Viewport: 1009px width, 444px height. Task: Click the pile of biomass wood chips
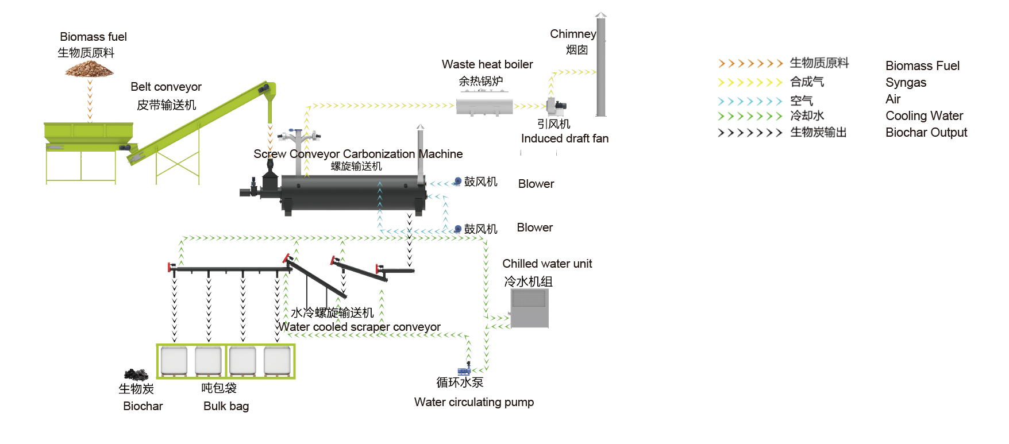click(x=89, y=70)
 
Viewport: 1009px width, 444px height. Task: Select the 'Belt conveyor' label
click(x=166, y=87)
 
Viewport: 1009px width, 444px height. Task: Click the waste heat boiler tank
click(x=484, y=106)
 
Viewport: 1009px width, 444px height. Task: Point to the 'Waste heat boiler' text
click(x=487, y=64)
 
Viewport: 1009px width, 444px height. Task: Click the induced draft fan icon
click(x=556, y=106)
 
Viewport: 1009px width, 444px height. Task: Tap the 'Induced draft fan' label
click(x=564, y=138)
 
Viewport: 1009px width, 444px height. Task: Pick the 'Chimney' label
click(x=572, y=34)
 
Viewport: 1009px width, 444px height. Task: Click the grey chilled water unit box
click(x=529, y=308)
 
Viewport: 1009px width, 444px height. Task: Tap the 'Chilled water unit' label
click(x=547, y=264)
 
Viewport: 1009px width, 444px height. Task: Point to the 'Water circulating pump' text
click(x=474, y=402)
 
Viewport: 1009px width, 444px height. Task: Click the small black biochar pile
click(x=136, y=374)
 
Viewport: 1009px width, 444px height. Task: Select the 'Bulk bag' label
click(x=226, y=406)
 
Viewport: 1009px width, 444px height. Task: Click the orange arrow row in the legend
click(x=750, y=63)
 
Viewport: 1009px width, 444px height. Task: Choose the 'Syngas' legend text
click(x=906, y=83)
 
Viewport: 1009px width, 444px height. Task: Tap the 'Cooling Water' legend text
click(x=924, y=116)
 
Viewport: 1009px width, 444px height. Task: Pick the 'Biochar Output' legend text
click(x=926, y=133)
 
